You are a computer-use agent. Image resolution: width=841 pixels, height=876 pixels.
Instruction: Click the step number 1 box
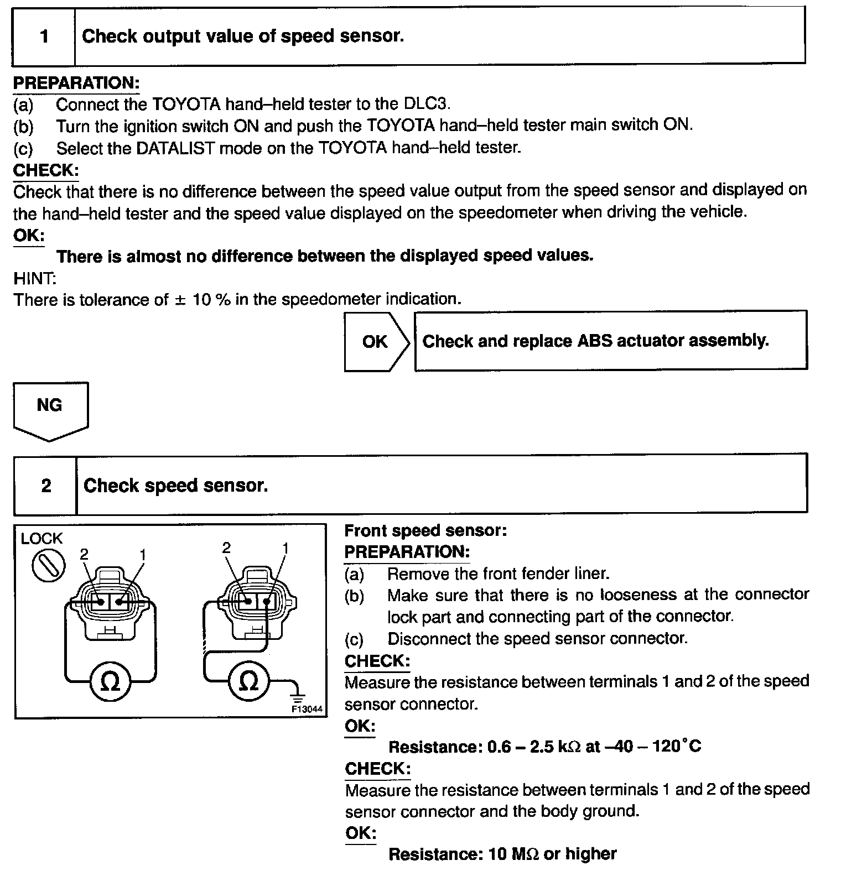(x=44, y=37)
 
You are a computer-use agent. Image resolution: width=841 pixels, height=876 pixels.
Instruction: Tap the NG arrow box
(x=50, y=409)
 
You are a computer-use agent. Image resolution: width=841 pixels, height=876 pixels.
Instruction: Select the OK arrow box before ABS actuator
(x=376, y=342)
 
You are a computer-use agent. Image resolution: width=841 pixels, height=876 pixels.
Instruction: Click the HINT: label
(x=35, y=278)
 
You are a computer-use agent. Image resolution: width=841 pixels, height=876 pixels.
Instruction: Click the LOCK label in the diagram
(x=41, y=538)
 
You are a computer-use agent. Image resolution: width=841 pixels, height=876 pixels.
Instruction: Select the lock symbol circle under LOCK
(x=48, y=566)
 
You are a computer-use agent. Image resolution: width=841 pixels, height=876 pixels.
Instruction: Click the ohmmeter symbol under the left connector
(x=111, y=682)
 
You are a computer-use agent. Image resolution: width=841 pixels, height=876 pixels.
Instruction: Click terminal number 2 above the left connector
(x=84, y=554)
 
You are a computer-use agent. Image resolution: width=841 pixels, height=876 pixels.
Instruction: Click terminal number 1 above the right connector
(x=285, y=548)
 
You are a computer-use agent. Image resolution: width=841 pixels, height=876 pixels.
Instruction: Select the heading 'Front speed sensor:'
(x=425, y=531)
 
